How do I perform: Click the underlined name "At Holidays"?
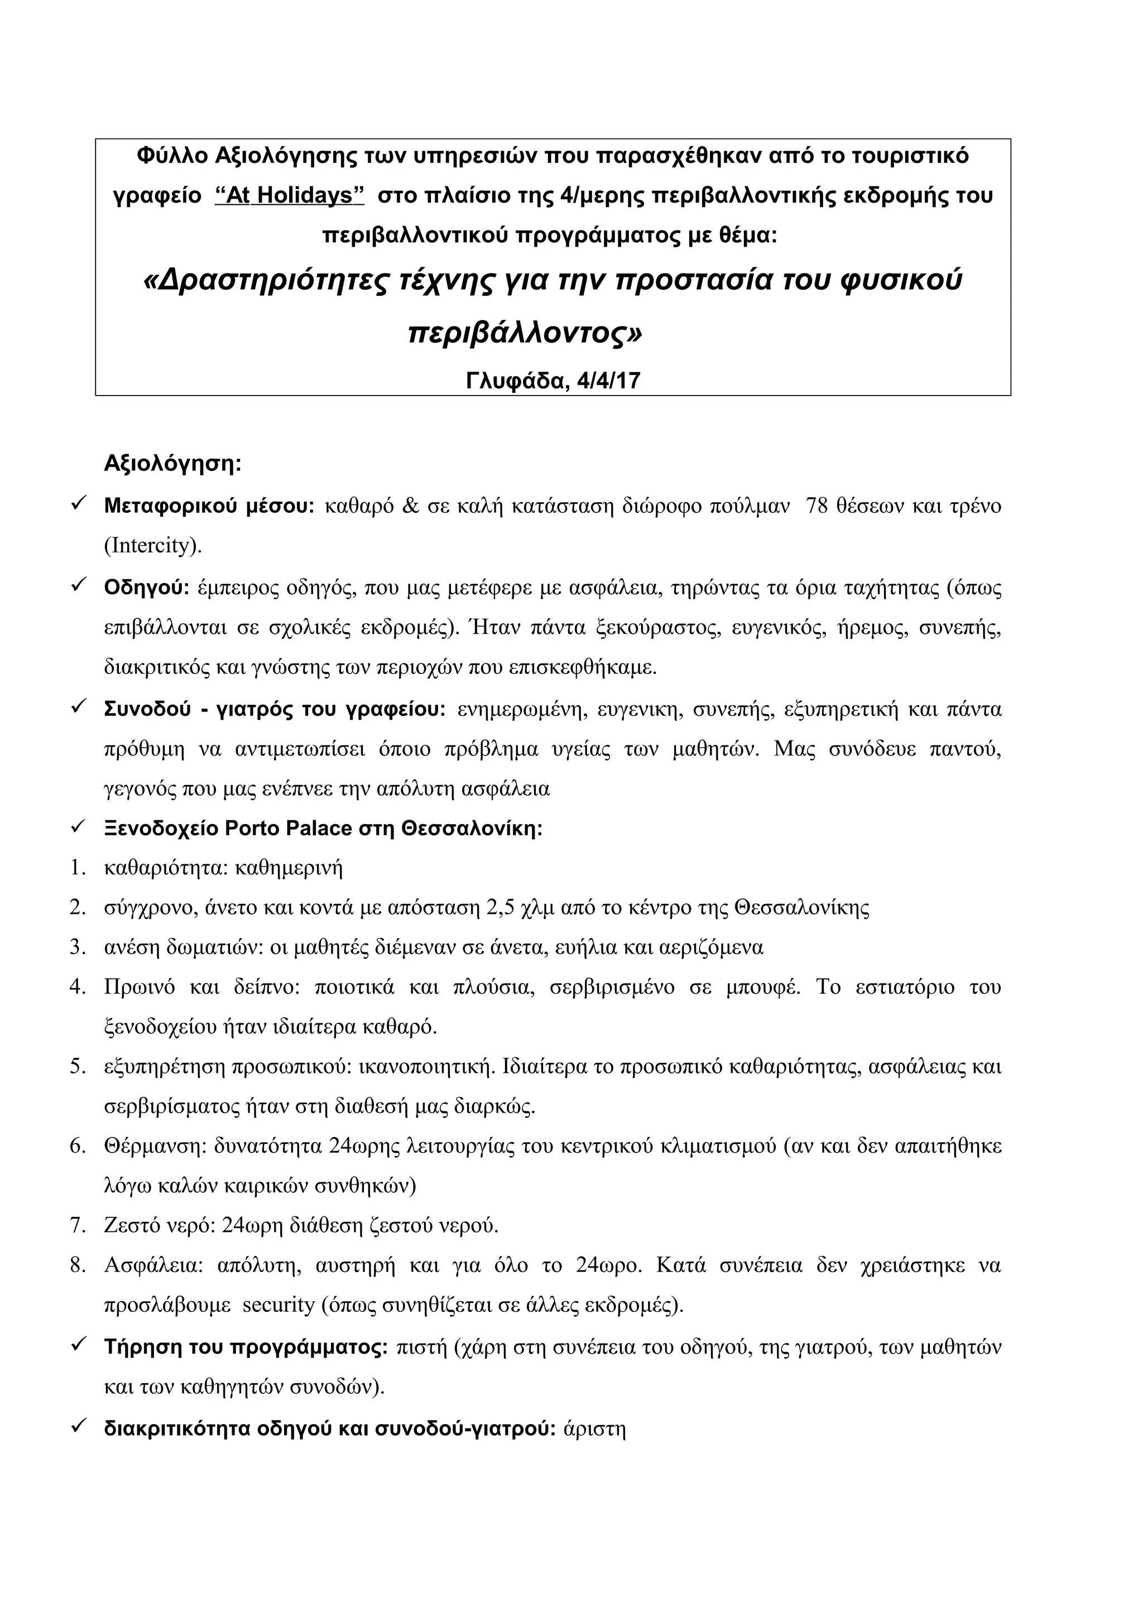coord(290,195)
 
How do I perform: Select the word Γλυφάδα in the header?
coord(516,381)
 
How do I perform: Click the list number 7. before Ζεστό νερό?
coord(78,1225)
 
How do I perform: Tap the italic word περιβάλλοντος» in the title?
coord(525,333)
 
